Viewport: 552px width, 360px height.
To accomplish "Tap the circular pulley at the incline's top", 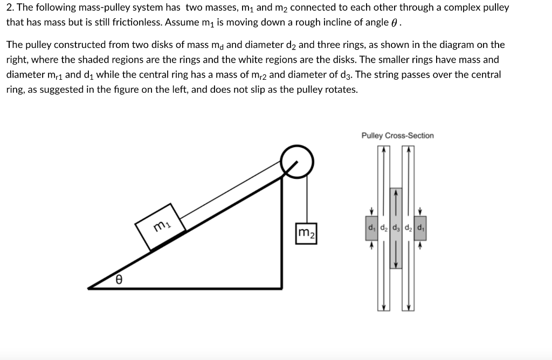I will click(297, 160).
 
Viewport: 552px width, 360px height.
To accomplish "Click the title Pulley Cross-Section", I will click(397, 136).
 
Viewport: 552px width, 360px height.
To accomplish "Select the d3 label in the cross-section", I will click(396, 226).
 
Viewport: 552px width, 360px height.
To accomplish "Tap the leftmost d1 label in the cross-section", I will click(371, 226).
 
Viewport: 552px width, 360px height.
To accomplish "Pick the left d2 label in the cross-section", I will click(383, 226).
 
